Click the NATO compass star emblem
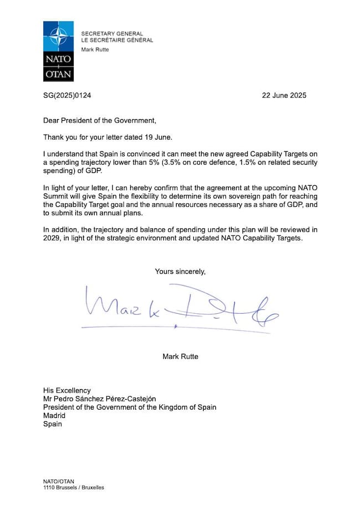[58, 37]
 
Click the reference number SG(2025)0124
[67, 95]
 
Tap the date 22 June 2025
[284, 95]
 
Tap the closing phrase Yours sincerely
[180, 272]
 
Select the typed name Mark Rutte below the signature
[180, 356]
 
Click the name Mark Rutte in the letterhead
[95, 50]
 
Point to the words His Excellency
[67, 391]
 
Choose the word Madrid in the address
[54, 416]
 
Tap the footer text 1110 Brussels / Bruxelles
[73, 488]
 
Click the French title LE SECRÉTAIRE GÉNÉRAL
[117, 40]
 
